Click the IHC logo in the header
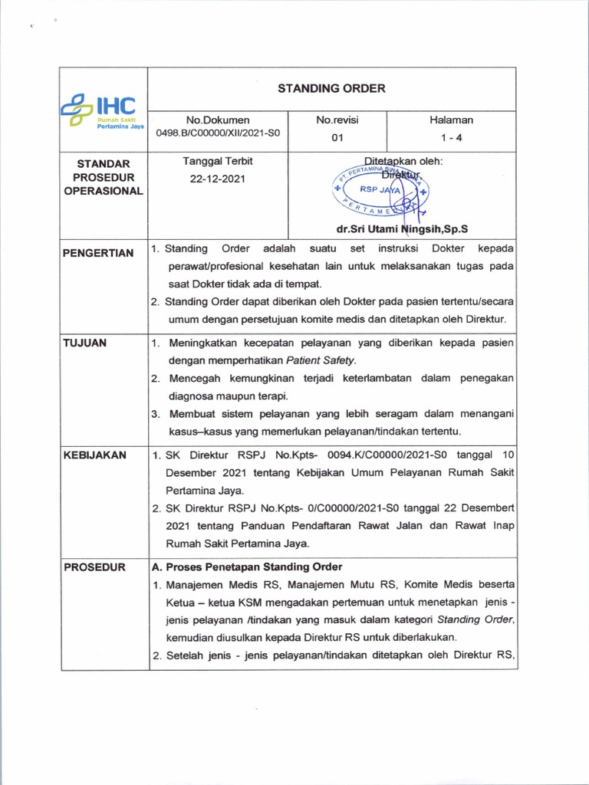[x=103, y=112]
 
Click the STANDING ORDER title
[x=331, y=88]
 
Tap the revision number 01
[x=337, y=137]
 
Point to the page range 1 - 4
[x=451, y=137]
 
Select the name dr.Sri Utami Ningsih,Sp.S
[x=402, y=228]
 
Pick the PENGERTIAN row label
[x=98, y=253]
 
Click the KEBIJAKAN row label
[x=94, y=455]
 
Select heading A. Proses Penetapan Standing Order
[x=246, y=567]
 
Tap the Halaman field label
[x=451, y=120]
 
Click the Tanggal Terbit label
[x=218, y=161]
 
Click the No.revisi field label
[x=337, y=120]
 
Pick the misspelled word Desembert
[x=489, y=509]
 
